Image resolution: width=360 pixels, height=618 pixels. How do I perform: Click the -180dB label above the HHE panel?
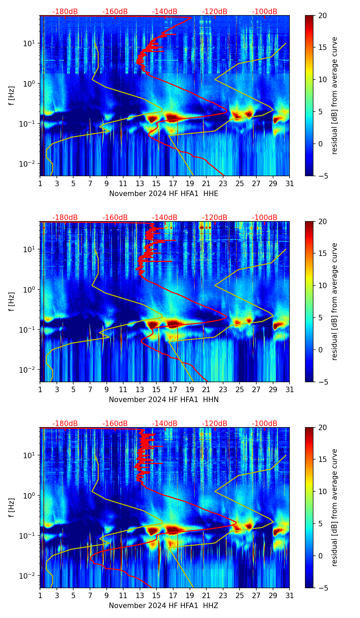[x=65, y=12]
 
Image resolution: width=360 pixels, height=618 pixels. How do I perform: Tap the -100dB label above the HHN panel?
[x=265, y=218]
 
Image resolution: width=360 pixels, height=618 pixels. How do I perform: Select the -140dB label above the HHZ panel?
[x=165, y=424]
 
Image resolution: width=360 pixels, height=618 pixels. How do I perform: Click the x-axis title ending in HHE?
[x=164, y=194]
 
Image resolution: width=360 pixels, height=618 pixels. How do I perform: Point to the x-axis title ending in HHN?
[x=164, y=400]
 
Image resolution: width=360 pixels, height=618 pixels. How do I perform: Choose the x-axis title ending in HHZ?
[x=164, y=606]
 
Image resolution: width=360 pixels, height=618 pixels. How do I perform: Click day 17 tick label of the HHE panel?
[x=173, y=184]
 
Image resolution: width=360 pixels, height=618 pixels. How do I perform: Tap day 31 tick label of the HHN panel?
[x=290, y=390]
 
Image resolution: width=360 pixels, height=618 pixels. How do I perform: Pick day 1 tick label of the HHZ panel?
[x=40, y=596]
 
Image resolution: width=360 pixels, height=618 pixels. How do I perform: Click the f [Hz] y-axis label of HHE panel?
[x=12, y=95]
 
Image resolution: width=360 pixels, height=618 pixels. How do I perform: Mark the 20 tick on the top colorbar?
[x=323, y=15]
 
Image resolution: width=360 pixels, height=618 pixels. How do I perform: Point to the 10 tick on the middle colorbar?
[x=323, y=285]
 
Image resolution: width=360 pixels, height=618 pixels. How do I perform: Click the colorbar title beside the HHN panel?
[x=334, y=301]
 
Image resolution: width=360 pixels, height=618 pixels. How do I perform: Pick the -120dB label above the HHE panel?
[x=215, y=12]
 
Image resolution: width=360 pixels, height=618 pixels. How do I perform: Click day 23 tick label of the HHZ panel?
[x=223, y=596]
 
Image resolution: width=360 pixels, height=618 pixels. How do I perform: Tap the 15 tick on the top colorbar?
[x=323, y=47]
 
